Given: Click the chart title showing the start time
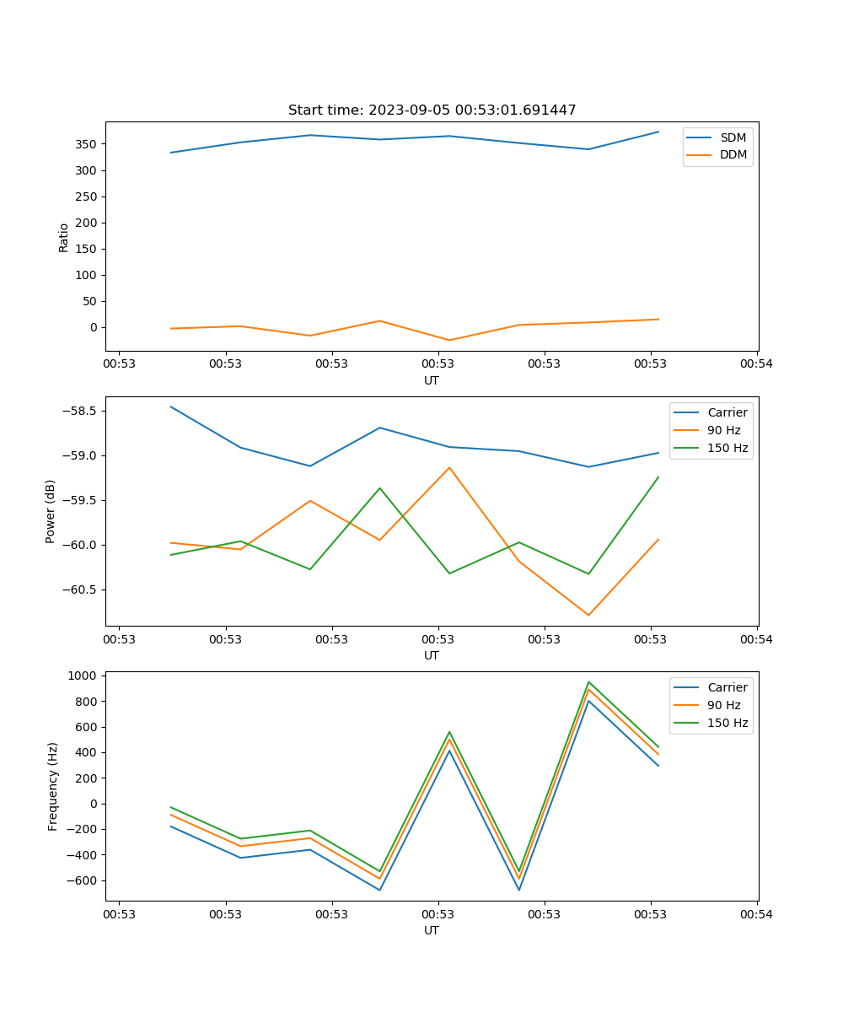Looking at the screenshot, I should click(432, 110).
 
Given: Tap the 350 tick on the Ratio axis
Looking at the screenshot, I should click(88, 144).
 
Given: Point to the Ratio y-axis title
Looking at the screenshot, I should click(64, 237).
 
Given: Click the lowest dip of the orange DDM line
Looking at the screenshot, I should click(449, 340).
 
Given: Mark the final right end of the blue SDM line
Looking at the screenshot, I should click(658, 132).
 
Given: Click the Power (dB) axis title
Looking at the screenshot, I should click(51, 511).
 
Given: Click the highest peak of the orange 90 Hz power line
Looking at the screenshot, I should click(449, 467).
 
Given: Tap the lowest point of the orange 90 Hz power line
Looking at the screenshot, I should click(588, 615).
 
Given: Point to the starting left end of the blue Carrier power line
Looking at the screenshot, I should click(171, 406).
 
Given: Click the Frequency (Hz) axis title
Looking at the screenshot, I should click(52, 786).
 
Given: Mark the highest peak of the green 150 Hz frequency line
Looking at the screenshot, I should click(588, 682).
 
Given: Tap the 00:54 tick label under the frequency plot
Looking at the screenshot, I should click(756, 914).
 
